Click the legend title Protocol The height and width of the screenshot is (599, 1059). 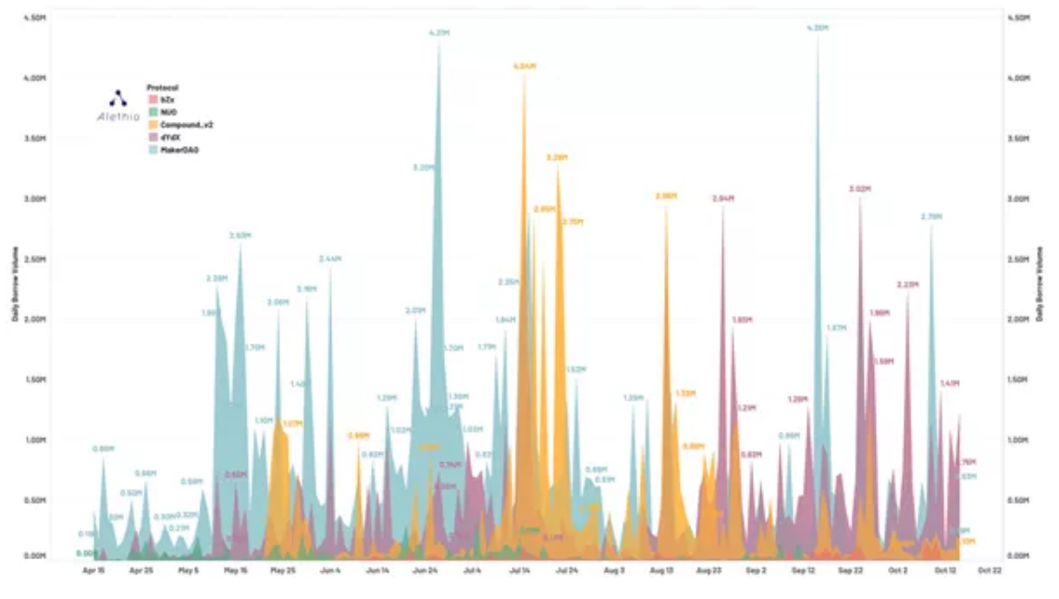point(163,87)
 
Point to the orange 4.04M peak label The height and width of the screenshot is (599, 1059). point(524,67)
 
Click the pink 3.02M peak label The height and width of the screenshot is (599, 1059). point(860,189)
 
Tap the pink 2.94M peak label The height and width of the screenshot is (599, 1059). point(722,198)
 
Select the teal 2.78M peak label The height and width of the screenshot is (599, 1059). point(930,216)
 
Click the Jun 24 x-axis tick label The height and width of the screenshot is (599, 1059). point(425,571)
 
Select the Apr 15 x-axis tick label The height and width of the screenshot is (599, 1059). point(93,571)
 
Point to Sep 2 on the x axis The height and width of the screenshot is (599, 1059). point(756,571)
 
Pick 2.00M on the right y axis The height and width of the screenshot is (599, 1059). point(1017,320)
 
